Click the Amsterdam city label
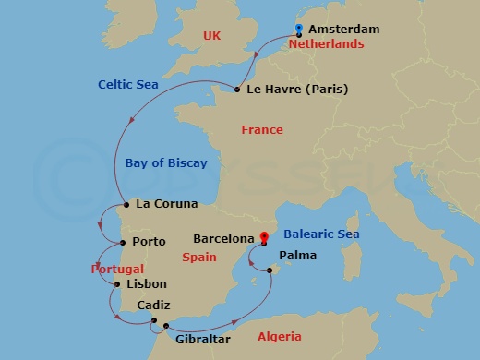(x=345, y=29)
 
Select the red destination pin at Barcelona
(x=263, y=237)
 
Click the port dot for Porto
(x=121, y=243)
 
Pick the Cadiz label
(x=152, y=306)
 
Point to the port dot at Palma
(x=269, y=270)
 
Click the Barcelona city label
(x=223, y=237)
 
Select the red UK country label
(x=213, y=36)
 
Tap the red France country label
(x=262, y=130)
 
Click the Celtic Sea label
(x=128, y=85)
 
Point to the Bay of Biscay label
(x=165, y=163)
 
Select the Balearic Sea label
(x=321, y=234)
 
